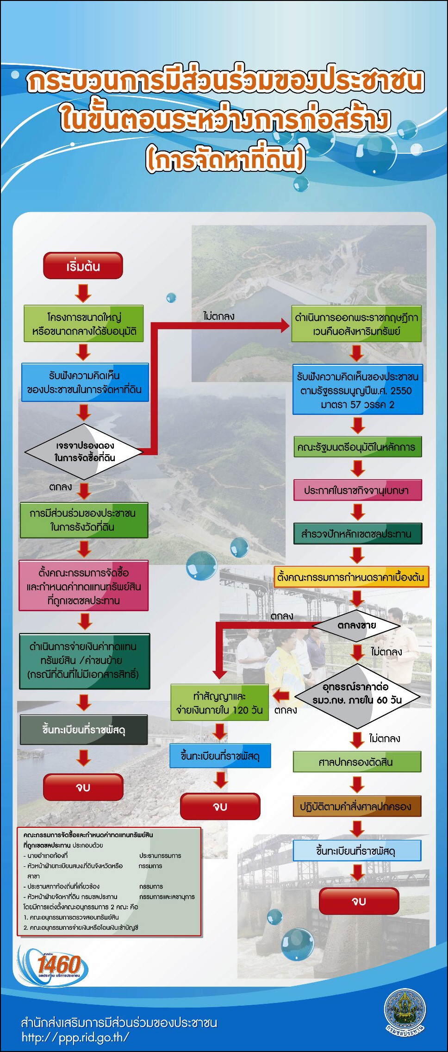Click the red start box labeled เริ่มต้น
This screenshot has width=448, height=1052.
pos(83,266)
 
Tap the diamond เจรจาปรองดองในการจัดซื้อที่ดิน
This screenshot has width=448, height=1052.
pos(84,451)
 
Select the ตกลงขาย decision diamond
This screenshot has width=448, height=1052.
pos(356,625)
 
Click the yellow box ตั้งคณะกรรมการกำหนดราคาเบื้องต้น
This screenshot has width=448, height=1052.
pos(351,577)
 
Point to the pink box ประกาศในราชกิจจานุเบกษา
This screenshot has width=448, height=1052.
pos(358,490)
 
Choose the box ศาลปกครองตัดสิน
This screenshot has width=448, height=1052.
pos(357,762)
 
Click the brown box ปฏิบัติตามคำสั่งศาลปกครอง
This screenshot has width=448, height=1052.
pos(357,806)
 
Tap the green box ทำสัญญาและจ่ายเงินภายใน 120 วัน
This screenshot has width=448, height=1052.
pos(219,702)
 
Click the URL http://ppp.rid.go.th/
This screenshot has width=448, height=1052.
pos(75,1037)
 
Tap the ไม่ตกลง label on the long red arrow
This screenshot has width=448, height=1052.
pos(218,316)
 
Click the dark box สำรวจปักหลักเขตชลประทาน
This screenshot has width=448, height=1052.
pos(358,533)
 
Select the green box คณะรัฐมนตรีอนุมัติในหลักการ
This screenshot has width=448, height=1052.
pos(358,447)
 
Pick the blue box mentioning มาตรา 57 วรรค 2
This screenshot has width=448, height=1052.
pos(358,389)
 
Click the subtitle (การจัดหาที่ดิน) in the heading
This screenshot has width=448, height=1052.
pos(225,159)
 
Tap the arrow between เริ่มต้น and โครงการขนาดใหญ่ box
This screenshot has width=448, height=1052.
pos(83,293)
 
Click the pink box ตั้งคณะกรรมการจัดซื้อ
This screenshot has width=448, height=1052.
pos(84,586)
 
